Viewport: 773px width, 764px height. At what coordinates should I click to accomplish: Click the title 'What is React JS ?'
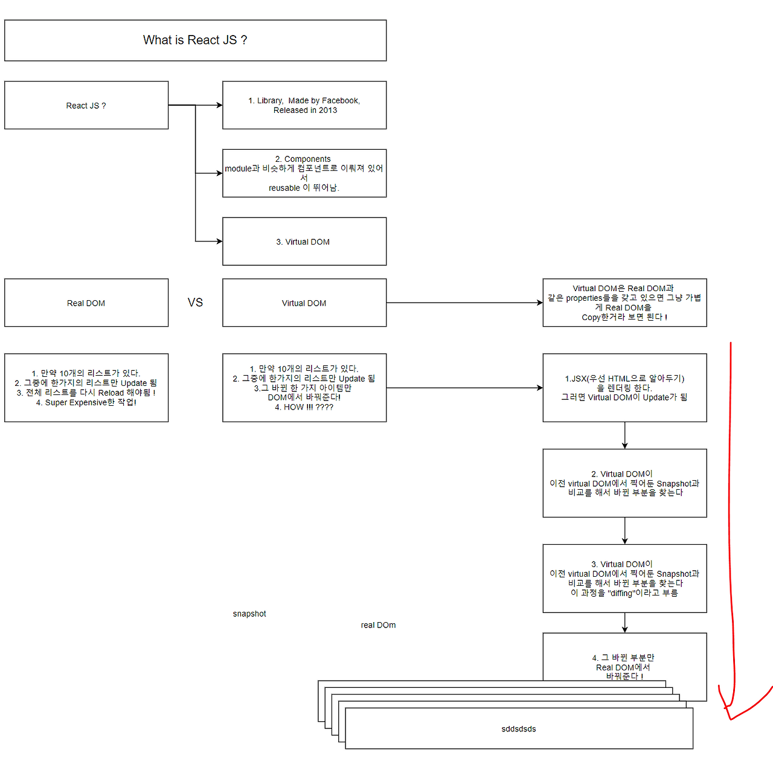[195, 40]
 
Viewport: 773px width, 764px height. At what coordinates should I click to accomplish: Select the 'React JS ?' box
[86, 105]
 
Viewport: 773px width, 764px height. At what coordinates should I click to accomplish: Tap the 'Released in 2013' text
[305, 111]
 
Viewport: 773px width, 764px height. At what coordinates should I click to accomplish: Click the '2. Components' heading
[303, 159]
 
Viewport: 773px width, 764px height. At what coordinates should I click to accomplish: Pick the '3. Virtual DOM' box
[304, 242]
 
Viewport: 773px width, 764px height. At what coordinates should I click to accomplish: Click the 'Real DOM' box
[86, 303]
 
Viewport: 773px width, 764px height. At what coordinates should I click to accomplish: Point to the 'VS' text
[195, 303]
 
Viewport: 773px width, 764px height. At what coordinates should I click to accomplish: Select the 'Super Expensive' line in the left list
[86, 402]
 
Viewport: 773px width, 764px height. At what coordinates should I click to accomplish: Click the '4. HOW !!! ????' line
[304, 407]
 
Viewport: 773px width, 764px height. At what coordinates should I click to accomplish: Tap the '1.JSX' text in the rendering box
[576, 379]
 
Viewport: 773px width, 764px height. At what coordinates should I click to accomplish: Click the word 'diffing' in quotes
[621, 593]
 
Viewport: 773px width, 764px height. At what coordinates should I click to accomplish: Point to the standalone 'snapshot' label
[249, 614]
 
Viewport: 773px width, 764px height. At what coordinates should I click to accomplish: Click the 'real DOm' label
[378, 625]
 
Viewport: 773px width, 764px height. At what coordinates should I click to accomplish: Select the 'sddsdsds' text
[519, 729]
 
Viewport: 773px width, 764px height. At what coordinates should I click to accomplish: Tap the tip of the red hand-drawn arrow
[731, 719]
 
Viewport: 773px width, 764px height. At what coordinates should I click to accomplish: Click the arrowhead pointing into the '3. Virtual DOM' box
[220, 242]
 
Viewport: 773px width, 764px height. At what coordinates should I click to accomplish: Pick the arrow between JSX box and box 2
[624, 435]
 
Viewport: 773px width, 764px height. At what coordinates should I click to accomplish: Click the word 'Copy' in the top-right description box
[591, 318]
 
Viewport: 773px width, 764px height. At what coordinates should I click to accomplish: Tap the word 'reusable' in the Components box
[284, 188]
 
